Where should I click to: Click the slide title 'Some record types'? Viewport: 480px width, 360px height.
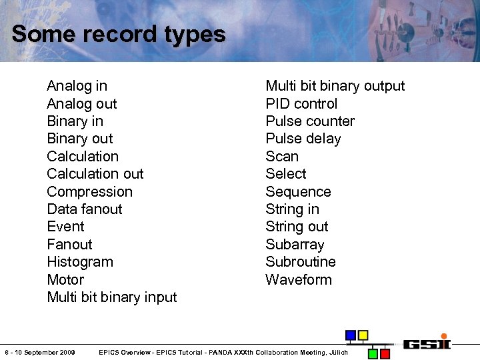[x=119, y=34]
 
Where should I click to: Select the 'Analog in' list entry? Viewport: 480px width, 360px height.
[x=77, y=86]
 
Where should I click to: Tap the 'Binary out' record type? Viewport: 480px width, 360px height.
[x=80, y=139]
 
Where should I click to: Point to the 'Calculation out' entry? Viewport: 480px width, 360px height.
[x=95, y=174]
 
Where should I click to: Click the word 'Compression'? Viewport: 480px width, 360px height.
[x=89, y=192]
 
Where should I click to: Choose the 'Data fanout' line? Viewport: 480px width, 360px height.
[x=85, y=209]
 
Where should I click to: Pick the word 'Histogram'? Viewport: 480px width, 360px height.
[x=80, y=262]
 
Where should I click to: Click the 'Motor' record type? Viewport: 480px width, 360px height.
[x=65, y=280]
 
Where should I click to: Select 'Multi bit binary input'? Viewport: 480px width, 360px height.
[x=112, y=297]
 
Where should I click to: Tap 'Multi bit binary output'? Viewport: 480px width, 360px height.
[x=335, y=86]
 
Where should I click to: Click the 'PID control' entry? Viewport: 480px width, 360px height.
[x=301, y=104]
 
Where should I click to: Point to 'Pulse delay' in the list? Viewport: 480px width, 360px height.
[x=303, y=139]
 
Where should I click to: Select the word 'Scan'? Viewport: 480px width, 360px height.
[x=282, y=157]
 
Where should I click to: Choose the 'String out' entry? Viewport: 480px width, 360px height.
[x=297, y=227]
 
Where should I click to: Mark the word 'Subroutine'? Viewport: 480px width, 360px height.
[x=301, y=262]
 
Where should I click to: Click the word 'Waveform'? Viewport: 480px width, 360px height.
[x=299, y=280]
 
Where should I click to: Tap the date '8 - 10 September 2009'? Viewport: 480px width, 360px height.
[x=40, y=352]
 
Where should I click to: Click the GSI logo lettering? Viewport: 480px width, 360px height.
[x=427, y=344]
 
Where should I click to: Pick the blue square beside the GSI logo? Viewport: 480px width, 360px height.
[x=351, y=335]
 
